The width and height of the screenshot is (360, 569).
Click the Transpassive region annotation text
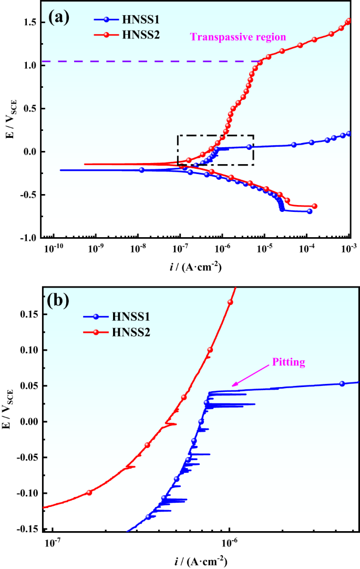[238, 37]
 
